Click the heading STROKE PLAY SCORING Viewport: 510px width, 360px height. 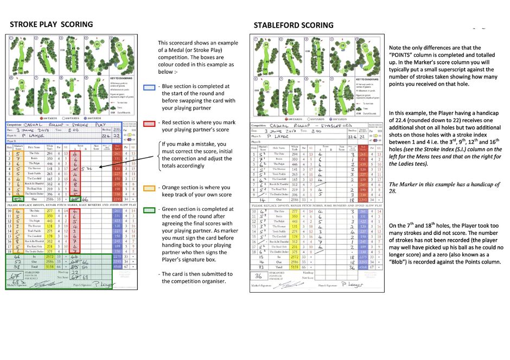coord(52,24)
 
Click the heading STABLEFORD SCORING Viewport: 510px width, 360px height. coord(294,25)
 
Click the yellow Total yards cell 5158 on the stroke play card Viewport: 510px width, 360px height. coord(50,267)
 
